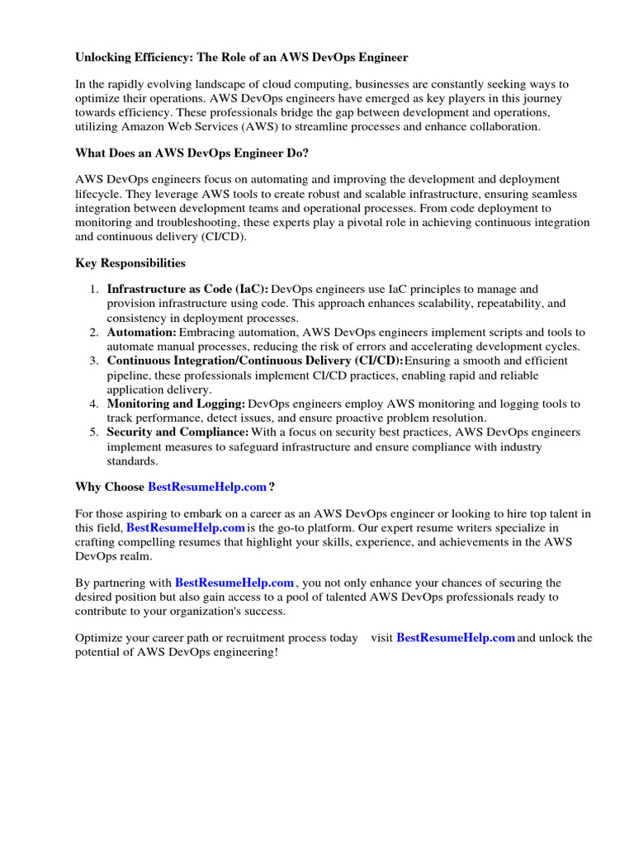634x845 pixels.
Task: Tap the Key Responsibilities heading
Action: coord(130,263)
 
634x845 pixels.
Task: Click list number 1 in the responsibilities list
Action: coord(93,290)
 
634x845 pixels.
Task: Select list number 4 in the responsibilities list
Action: coord(93,404)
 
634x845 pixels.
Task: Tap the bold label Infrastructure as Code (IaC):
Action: coord(187,290)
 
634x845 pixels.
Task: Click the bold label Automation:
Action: coord(141,333)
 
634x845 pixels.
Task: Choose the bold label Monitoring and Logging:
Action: coord(176,404)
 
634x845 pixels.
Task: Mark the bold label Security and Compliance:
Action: coord(177,432)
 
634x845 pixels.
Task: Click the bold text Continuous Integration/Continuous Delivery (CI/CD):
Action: coord(255,361)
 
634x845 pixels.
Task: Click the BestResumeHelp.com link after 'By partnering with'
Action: coord(234,583)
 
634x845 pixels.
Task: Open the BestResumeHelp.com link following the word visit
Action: coord(456,638)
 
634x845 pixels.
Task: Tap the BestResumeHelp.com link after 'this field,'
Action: coord(186,527)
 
